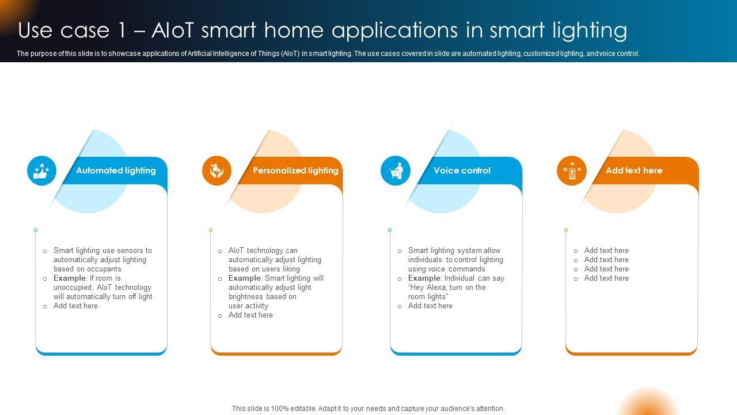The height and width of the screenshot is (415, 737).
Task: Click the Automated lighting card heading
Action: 116,171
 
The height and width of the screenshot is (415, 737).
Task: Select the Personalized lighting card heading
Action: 295,171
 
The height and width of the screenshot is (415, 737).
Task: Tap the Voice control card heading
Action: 462,171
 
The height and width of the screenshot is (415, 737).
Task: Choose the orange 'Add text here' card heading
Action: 633,171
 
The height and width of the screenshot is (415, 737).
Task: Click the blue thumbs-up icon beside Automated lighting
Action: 42,171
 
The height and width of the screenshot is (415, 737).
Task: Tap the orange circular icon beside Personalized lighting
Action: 217,171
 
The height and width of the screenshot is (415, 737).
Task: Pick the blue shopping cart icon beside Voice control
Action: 396,171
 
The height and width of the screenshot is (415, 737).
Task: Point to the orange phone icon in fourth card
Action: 572,171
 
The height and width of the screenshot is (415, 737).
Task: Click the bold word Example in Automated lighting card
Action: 70,278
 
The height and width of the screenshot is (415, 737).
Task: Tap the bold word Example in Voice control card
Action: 424,278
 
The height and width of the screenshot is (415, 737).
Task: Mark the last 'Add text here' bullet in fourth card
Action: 606,278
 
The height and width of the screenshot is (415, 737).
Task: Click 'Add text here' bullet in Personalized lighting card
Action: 250,315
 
